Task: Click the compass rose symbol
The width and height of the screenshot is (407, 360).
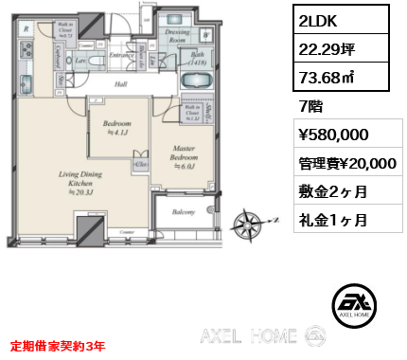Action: [252, 227]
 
